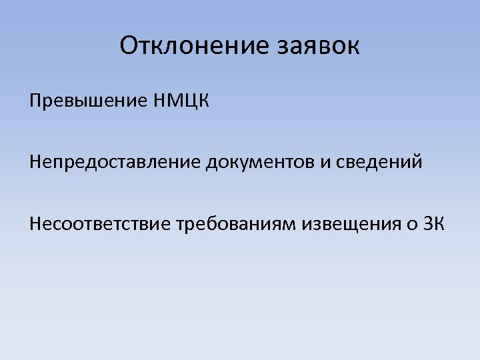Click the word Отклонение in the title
click(x=193, y=46)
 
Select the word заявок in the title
click(x=317, y=46)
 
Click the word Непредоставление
click(x=114, y=162)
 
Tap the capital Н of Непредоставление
click(x=35, y=162)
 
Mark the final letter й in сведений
click(x=417, y=162)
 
